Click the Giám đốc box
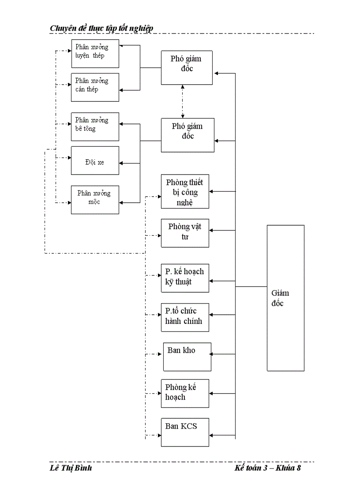(285, 298)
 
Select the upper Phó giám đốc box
(187, 68)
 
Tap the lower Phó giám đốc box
(187, 135)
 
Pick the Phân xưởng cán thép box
(95, 87)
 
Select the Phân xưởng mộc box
(95, 200)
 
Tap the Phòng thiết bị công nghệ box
(185, 192)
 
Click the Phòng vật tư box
(185, 233)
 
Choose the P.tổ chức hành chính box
(185, 317)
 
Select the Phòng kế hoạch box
(185, 393)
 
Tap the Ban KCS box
(185, 432)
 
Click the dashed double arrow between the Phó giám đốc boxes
(183, 101)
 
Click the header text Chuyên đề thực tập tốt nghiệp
(101, 28)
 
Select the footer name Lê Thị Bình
(71, 468)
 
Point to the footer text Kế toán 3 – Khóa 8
(267, 468)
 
